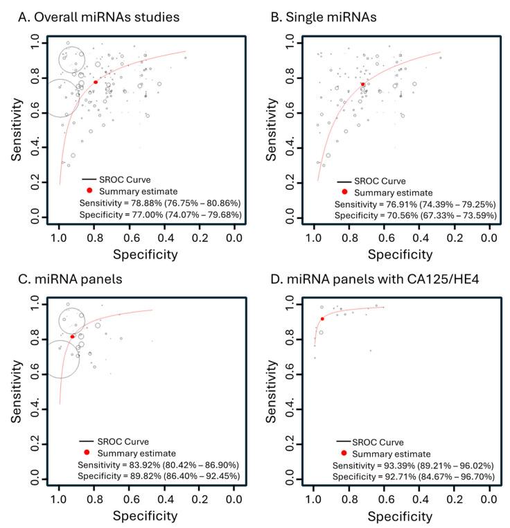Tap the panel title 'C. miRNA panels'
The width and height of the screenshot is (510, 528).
tap(62, 279)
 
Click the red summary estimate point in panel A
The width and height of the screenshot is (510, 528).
tap(96, 82)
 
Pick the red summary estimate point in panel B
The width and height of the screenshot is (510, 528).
tap(362, 85)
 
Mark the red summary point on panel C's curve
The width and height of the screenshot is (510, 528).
tap(72, 337)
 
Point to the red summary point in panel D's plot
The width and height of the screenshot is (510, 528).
tap(322, 319)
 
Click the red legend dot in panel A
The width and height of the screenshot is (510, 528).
tap(89, 190)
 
